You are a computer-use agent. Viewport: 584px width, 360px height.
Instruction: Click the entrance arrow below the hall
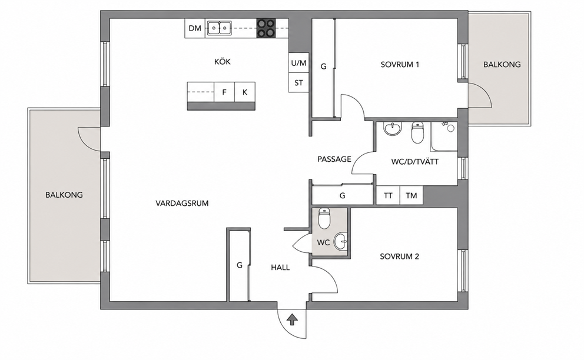click(x=293, y=319)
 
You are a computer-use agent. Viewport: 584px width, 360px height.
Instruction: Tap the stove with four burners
click(x=266, y=28)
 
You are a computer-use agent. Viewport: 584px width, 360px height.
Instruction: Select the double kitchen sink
click(x=220, y=28)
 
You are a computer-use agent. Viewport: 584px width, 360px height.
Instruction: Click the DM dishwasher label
click(x=195, y=28)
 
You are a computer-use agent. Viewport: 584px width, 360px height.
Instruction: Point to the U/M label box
click(x=298, y=64)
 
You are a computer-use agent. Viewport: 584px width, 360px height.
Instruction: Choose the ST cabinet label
click(x=298, y=83)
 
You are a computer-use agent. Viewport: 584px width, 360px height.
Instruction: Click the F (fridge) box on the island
click(x=224, y=92)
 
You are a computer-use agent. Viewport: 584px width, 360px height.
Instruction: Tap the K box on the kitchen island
click(x=245, y=92)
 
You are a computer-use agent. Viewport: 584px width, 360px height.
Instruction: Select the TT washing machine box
click(x=388, y=195)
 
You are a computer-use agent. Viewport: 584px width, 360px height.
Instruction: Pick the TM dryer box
click(x=411, y=195)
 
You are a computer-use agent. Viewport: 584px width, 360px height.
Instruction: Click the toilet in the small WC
click(x=324, y=218)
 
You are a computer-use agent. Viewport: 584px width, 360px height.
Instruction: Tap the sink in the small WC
click(x=340, y=242)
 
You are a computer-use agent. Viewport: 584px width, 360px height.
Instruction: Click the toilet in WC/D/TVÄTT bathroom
click(x=417, y=133)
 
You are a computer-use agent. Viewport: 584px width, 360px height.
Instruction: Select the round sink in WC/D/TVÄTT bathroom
click(x=393, y=129)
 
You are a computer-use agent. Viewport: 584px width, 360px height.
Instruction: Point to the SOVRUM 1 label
click(x=400, y=64)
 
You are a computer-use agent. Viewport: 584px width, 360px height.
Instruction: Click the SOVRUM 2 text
click(x=399, y=256)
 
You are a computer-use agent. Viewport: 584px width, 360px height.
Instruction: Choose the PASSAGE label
click(x=334, y=159)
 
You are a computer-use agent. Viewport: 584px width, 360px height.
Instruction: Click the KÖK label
click(x=223, y=61)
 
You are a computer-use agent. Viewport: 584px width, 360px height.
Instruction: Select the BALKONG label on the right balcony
click(x=502, y=64)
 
